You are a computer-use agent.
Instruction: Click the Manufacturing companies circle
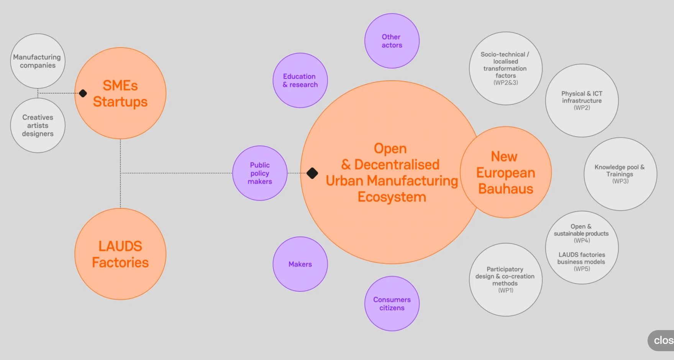click(x=38, y=61)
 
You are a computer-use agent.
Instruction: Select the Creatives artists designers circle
click(x=38, y=125)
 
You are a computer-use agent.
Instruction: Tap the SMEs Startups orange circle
click(x=120, y=93)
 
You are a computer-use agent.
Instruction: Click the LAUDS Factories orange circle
click(x=120, y=254)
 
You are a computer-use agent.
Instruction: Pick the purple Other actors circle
click(x=392, y=41)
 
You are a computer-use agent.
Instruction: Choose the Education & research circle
click(x=300, y=81)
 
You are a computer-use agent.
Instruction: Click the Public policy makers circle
click(x=260, y=173)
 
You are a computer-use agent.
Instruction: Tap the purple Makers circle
click(x=300, y=264)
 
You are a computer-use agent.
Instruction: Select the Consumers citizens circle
click(x=392, y=304)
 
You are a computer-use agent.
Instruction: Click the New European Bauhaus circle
click(x=506, y=173)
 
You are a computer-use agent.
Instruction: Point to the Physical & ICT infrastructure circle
click(x=582, y=100)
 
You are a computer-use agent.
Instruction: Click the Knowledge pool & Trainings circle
click(x=620, y=174)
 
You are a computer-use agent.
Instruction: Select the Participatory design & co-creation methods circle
click(x=505, y=279)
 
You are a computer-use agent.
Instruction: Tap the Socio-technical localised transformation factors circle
click(x=505, y=68)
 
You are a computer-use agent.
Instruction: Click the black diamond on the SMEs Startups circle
click(x=83, y=93)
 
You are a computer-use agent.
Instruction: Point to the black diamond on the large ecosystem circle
click(x=312, y=173)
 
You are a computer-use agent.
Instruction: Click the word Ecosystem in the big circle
click(x=392, y=197)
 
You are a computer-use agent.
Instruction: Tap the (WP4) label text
click(x=582, y=240)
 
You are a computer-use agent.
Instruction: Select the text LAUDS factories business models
click(x=581, y=258)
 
